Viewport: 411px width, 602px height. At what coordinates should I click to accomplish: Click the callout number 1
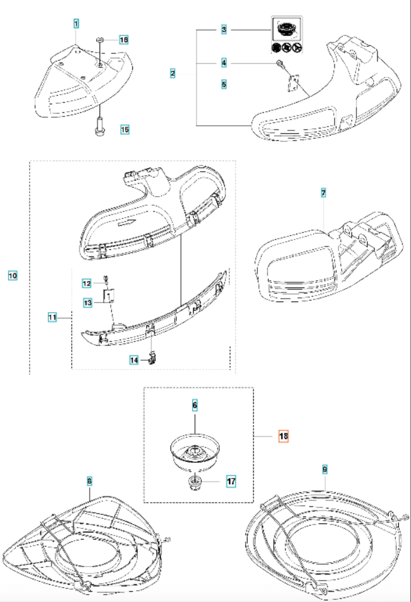76,24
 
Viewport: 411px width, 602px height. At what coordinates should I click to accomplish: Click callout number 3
224,29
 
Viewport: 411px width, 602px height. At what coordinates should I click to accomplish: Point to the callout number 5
224,84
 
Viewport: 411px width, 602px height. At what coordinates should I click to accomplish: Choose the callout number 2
173,73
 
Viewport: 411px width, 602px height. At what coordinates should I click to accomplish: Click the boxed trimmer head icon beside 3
287,29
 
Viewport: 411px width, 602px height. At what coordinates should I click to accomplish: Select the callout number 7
323,193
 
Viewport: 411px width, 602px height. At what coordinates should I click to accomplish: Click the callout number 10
13,276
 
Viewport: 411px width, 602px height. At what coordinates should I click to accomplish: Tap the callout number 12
87,283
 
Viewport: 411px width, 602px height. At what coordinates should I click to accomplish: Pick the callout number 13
88,302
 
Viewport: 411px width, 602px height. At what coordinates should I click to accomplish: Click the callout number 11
52,318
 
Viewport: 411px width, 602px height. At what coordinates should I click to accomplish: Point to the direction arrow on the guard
127,223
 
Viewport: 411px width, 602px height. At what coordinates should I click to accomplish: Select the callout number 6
195,405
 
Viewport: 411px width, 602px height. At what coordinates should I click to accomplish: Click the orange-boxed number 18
283,436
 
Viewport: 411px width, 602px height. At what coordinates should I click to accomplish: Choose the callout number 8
89,482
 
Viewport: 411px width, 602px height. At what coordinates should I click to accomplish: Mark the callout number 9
325,470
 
